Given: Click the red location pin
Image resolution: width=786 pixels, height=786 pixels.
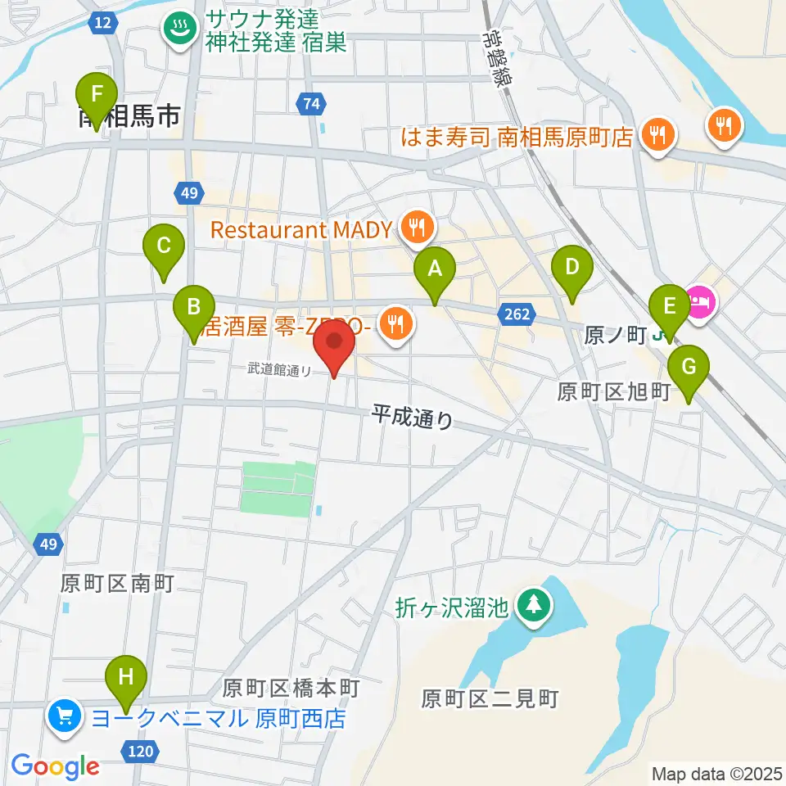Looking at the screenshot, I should tap(334, 347).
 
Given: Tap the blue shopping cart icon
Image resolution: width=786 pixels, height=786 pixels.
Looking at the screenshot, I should tap(65, 718).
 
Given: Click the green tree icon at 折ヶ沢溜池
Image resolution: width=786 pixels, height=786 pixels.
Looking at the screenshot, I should tap(534, 607).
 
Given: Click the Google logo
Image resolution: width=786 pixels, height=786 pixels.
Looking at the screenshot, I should tap(55, 766).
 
